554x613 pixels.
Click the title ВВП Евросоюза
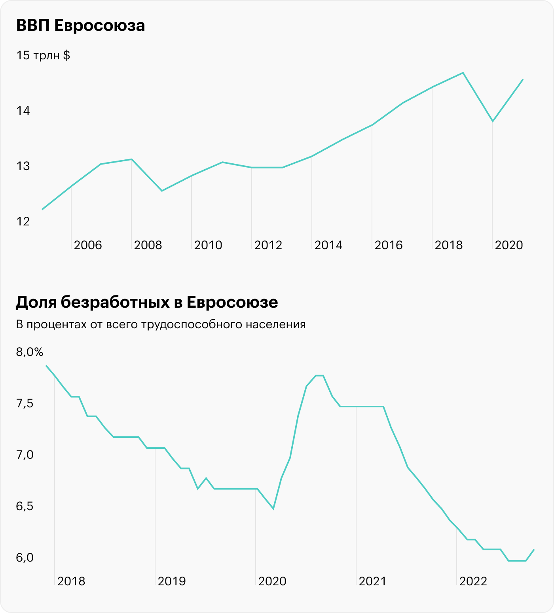click(80, 26)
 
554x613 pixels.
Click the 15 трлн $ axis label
click(43, 55)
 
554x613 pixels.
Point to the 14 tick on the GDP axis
click(23, 111)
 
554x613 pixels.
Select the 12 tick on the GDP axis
click(23, 221)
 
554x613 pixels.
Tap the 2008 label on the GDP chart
click(148, 245)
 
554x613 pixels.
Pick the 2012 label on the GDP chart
click(268, 245)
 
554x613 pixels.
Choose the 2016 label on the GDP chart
click(388, 245)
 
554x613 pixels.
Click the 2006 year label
click(87, 245)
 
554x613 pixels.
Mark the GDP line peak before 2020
click(463, 73)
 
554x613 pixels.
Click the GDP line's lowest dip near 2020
click(492, 121)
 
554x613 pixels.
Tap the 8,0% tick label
click(30, 352)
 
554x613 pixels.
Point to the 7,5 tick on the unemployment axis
click(25, 403)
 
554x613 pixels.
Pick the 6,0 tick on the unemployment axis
click(25, 558)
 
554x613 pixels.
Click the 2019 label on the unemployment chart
click(171, 581)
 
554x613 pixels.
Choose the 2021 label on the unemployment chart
click(372, 581)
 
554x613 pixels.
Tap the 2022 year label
click(473, 581)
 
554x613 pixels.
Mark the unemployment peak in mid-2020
click(319, 375)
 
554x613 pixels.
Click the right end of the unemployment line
click(534, 550)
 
